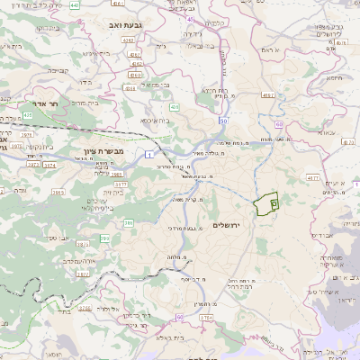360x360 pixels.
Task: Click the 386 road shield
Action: (x=128, y=222)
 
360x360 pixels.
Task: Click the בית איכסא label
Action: (x=148, y=120)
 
